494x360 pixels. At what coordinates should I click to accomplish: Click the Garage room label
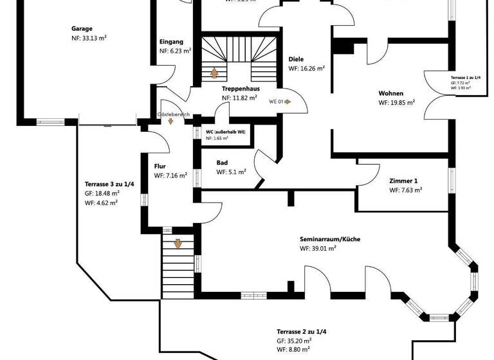(82, 29)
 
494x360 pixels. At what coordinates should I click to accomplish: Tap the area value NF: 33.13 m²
(89, 39)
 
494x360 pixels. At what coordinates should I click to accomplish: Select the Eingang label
(172, 42)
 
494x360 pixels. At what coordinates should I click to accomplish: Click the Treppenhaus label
(240, 88)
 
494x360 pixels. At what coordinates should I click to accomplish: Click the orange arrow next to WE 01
(288, 102)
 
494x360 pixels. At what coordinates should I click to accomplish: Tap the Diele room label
(296, 59)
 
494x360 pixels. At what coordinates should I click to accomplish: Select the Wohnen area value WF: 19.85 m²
(396, 103)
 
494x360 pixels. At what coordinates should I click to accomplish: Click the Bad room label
(223, 163)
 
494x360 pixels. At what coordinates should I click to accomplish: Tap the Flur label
(160, 166)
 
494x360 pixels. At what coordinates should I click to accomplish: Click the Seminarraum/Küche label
(330, 239)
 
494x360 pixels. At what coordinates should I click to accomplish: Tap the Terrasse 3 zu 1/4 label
(109, 183)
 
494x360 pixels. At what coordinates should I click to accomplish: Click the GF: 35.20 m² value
(294, 341)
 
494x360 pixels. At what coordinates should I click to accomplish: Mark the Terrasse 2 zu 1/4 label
(302, 331)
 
